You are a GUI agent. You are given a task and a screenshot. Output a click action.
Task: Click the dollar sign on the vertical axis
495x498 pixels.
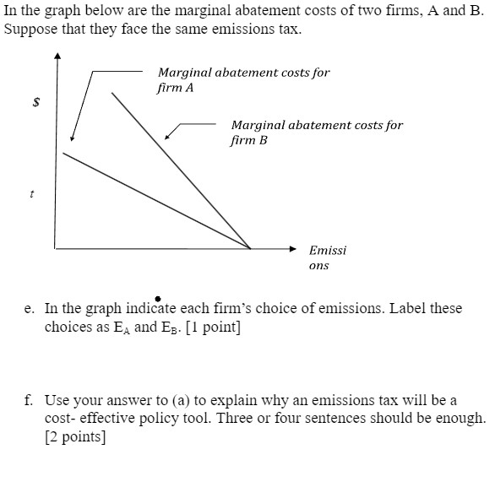click(35, 102)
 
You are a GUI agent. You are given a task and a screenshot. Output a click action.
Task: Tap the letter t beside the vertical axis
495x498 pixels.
click(31, 193)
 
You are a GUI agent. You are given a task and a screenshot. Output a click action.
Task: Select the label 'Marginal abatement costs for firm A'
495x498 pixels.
click(243, 79)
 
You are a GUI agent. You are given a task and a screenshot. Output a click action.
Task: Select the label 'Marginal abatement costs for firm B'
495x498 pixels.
click(317, 133)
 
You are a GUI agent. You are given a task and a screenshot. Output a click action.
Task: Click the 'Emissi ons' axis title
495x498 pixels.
click(327, 257)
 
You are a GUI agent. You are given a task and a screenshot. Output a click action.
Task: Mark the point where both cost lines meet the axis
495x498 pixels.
click(251, 248)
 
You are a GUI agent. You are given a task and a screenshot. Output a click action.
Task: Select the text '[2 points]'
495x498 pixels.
click(76, 437)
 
